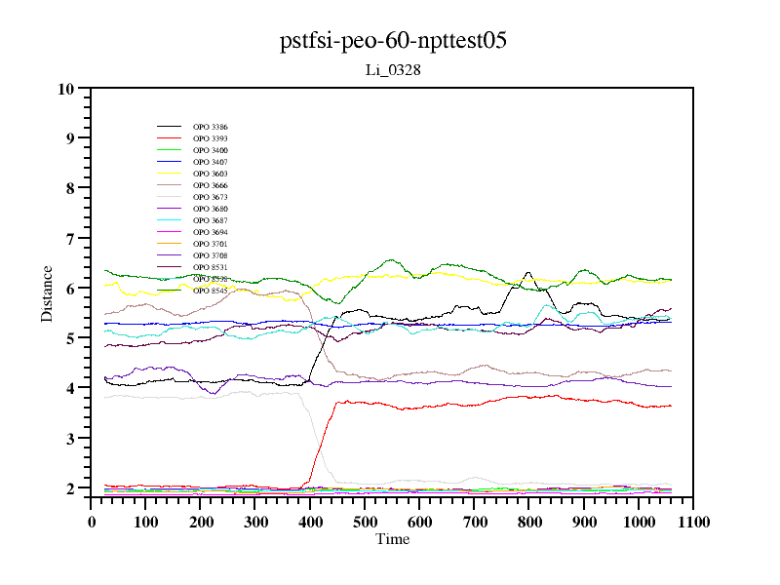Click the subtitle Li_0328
click(392, 70)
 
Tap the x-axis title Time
click(393, 539)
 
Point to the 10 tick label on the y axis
click(66, 89)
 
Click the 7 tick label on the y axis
click(70, 239)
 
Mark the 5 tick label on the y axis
click(70, 338)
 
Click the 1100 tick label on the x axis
click(692, 522)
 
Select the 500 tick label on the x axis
click(365, 522)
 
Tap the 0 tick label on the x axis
click(92, 522)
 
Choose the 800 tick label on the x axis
click(528, 522)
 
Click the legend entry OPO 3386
click(211, 127)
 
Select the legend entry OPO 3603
click(211, 174)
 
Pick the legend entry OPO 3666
click(211, 185)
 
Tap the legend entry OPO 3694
click(211, 232)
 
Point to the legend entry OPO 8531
click(211, 267)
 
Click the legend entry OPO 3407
click(211, 162)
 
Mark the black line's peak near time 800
click(528, 273)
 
